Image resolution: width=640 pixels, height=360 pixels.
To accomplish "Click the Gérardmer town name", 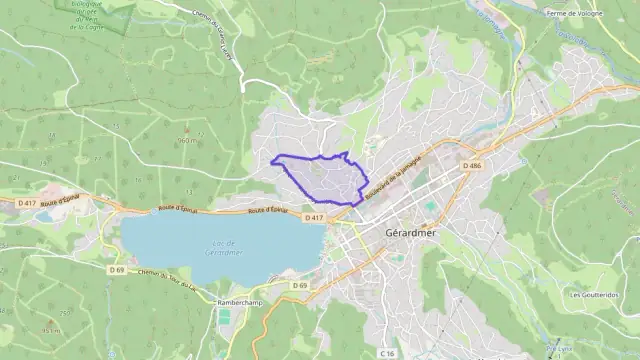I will tap(414, 233).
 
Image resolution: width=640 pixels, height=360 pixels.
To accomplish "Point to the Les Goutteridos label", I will tap(594, 295).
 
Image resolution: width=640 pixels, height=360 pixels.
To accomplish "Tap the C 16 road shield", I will tap(387, 353).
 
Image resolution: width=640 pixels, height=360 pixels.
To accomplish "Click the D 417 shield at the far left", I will tap(27, 202).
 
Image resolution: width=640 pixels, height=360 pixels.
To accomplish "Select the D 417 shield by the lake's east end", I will tap(315, 217).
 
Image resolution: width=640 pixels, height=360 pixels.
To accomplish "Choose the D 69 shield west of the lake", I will tap(117, 269).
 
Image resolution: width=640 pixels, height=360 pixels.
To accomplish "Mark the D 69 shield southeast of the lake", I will tap(299, 285).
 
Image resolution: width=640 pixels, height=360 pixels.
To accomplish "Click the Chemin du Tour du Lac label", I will tap(165, 280).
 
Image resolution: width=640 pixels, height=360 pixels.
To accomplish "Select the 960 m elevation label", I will tap(186, 141).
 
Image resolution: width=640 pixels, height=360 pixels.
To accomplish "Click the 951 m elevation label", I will tap(50, 329).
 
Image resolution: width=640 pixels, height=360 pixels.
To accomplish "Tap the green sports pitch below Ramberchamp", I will tap(224, 317).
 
